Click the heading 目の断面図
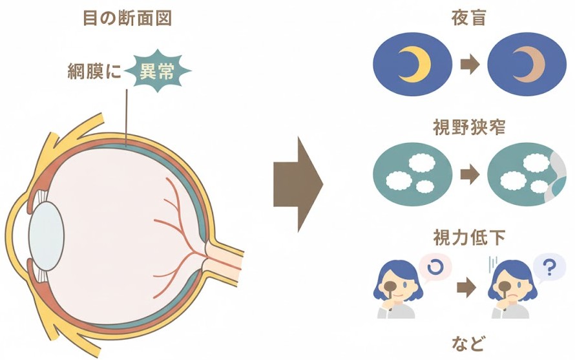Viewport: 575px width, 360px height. click(128, 17)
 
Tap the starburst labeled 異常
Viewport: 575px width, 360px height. click(157, 71)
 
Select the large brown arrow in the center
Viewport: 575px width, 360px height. click(298, 184)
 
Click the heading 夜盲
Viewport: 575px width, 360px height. click(468, 17)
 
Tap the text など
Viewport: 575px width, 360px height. click(468, 341)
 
